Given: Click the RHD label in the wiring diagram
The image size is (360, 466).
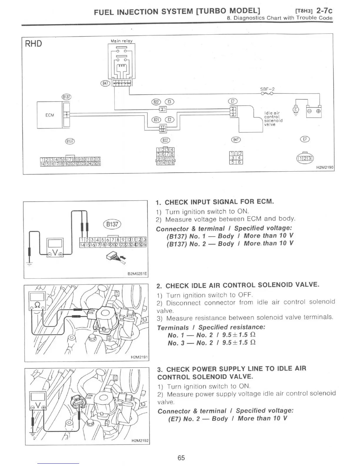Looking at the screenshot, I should point(33,44).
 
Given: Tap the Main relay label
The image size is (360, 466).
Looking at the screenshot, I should point(121,41).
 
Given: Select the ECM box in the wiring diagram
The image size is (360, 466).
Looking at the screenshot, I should point(49,115).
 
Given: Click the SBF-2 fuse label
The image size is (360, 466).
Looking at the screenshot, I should point(267,89).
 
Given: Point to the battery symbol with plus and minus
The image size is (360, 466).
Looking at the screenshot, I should point(314,111).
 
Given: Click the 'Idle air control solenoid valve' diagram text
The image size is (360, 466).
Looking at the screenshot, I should point(273,119).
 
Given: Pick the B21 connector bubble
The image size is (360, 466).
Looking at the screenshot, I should point(156,119).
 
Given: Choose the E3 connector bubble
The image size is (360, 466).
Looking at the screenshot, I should point(170,102).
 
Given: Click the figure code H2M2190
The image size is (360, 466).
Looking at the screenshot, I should point(325,168).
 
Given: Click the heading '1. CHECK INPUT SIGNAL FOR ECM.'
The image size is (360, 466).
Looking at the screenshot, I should point(215,202).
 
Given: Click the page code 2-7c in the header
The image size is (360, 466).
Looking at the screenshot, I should point(324,11).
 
